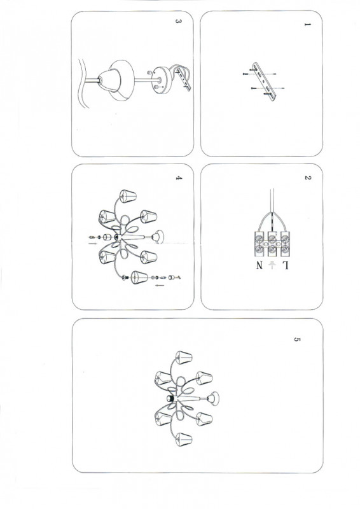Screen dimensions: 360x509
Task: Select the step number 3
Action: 178,21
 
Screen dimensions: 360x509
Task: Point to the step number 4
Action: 179,178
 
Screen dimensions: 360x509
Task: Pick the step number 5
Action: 296,339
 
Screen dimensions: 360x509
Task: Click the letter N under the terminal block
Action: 259,265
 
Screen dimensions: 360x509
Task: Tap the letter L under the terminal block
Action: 285,265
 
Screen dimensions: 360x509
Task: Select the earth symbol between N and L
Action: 272,265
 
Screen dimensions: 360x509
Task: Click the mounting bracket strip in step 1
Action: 264,81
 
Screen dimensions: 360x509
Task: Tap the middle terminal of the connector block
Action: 272,244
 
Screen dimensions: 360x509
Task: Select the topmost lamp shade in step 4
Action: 128,196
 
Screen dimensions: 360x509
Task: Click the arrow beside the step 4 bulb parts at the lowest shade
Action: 160,286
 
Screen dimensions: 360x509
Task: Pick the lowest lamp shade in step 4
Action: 139,277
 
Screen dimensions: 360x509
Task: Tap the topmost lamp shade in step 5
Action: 184,357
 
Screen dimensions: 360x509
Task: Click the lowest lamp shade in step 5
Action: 184,439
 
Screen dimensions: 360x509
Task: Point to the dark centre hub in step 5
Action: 170,398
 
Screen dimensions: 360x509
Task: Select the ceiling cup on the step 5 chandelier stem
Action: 213,398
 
